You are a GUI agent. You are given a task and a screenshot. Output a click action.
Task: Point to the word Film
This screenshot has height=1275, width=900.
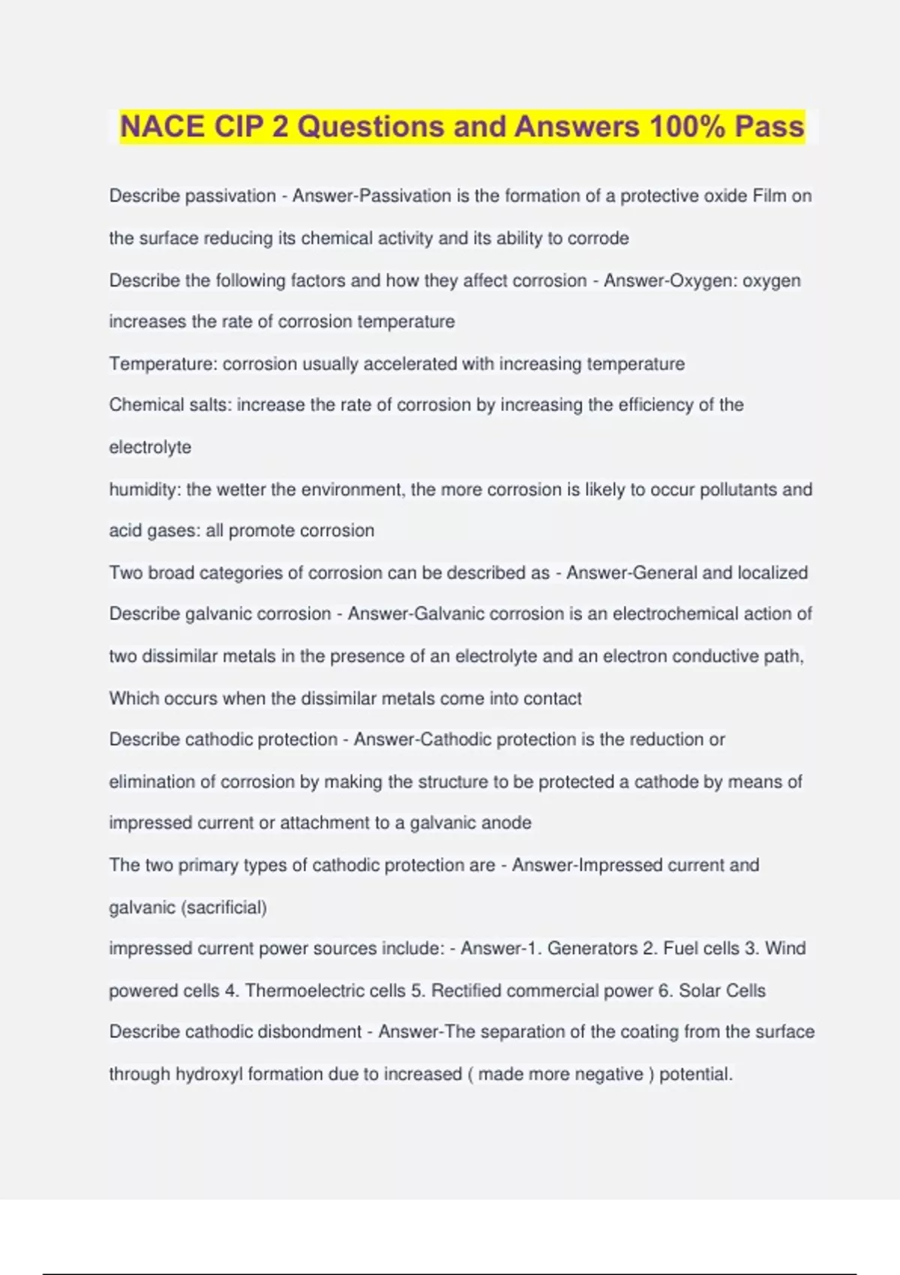[769, 196]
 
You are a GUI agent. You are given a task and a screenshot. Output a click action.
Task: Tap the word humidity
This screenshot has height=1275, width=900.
[144, 490]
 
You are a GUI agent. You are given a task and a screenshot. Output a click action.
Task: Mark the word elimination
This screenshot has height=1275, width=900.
[154, 781]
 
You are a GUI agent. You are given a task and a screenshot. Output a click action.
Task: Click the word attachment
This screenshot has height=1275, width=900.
[325, 823]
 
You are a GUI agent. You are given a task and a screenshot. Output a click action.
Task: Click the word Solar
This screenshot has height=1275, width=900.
[700, 991]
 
